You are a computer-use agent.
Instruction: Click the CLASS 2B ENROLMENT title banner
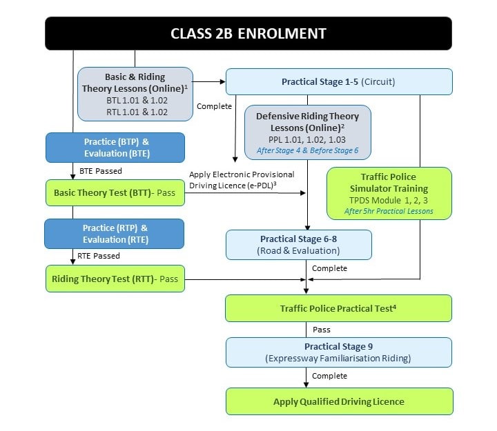coord(248,33)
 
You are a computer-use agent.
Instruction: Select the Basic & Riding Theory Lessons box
coord(135,93)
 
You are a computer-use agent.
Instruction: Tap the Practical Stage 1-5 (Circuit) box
coord(339,81)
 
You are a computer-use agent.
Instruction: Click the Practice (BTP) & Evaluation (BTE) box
coord(115,148)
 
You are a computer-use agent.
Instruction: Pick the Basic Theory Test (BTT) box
coord(115,193)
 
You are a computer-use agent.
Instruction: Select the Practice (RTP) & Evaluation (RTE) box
coord(115,233)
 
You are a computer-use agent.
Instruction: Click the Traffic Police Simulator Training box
coord(389,193)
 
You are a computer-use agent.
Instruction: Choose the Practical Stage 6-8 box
coord(299,245)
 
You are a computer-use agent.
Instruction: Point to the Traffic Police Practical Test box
coord(339,308)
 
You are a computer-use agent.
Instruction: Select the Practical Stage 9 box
coord(339,352)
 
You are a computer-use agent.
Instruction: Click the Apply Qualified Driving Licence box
coord(339,401)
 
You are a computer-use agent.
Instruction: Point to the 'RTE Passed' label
coord(99,256)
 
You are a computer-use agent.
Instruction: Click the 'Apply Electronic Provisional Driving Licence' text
coord(241,180)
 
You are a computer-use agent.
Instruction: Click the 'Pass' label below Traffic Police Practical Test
coord(321,330)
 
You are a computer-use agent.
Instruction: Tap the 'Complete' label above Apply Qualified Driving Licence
coord(329,376)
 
